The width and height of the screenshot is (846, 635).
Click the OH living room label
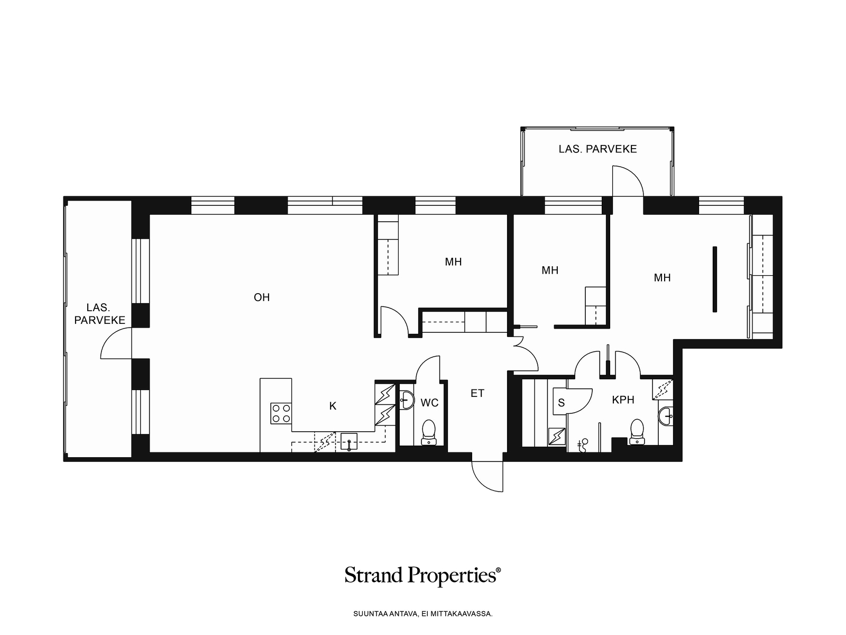click(262, 297)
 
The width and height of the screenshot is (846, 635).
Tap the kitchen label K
click(333, 406)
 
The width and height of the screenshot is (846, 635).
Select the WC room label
click(429, 403)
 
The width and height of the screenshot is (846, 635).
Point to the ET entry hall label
click(477, 393)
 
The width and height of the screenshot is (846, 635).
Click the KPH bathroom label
click(623, 400)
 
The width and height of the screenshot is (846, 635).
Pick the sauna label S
click(561, 403)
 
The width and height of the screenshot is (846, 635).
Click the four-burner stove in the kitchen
click(281, 413)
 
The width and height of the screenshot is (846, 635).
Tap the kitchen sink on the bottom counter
click(349, 442)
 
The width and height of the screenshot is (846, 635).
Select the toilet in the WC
click(429, 432)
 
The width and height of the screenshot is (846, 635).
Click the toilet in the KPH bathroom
click(637, 432)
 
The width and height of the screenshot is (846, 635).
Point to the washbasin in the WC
click(407, 400)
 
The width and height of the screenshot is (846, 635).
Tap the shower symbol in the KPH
click(583, 445)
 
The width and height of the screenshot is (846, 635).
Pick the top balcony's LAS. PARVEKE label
click(598, 149)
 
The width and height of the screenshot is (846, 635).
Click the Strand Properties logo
click(423, 576)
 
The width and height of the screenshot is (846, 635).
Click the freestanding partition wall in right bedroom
click(714, 279)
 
